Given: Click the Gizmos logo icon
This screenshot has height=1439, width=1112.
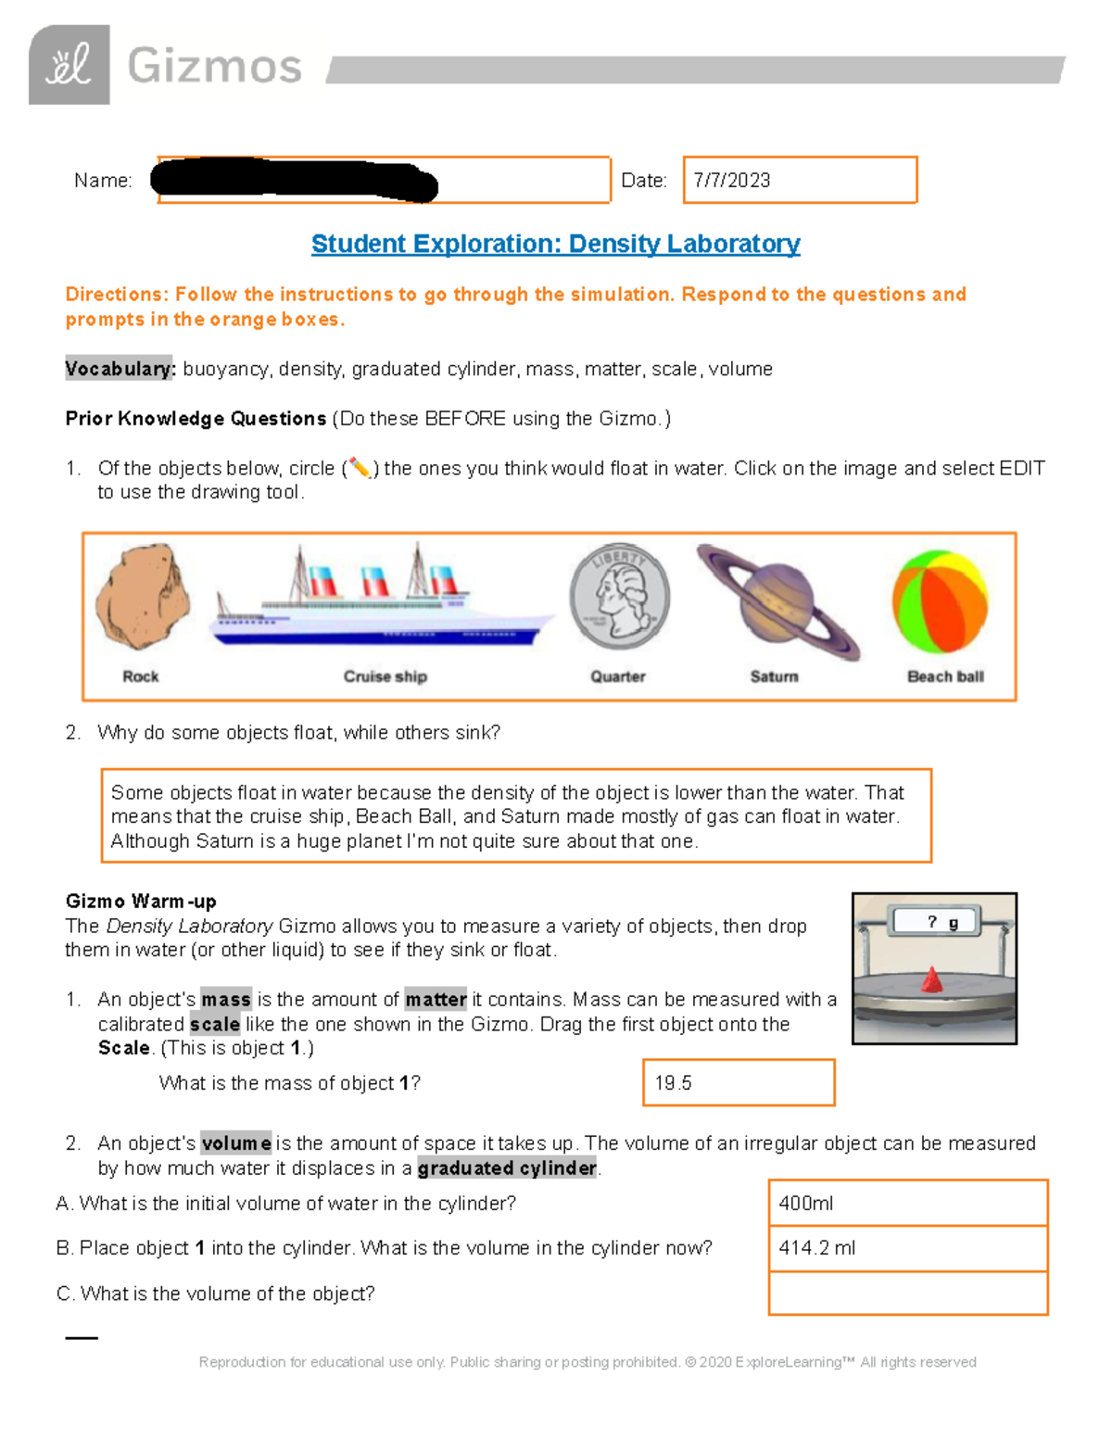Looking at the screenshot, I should pyautogui.click(x=69, y=65).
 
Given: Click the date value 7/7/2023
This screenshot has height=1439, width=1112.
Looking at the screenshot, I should pyautogui.click(x=732, y=181).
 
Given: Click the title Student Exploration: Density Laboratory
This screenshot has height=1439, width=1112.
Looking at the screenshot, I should pyautogui.click(x=555, y=244).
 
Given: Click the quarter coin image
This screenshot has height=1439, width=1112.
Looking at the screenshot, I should pyautogui.click(x=619, y=597).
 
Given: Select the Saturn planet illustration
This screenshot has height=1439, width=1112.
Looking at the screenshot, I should pyautogui.click(x=777, y=601).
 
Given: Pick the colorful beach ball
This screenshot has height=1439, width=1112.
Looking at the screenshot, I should pyautogui.click(x=940, y=602).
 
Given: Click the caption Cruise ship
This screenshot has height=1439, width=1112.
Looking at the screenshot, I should pyautogui.click(x=385, y=676).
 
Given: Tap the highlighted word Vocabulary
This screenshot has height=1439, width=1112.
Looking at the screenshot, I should pyautogui.click(x=120, y=369).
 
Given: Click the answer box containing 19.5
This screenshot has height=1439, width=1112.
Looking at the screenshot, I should pyautogui.click(x=739, y=1083).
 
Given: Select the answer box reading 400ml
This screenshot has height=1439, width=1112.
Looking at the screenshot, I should pyautogui.click(x=907, y=1203).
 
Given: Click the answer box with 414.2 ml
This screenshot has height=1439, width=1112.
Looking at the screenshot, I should pyautogui.click(x=907, y=1248).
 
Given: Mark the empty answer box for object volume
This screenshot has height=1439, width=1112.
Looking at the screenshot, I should pyautogui.click(x=907, y=1294).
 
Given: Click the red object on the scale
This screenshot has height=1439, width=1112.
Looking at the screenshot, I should pyautogui.click(x=932, y=980).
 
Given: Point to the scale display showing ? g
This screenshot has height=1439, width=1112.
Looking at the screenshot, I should pyautogui.click(x=936, y=921).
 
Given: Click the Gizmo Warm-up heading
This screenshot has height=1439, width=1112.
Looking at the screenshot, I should pyautogui.click(x=141, y=902).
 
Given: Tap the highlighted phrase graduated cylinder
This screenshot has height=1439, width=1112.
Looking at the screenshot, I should pyautogui.click(x=507, y=1168).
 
